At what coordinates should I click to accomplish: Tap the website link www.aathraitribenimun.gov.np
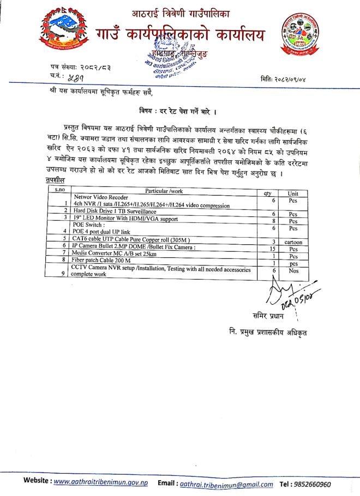pos(100,484)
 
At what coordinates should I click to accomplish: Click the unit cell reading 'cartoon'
pos(293,241)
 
